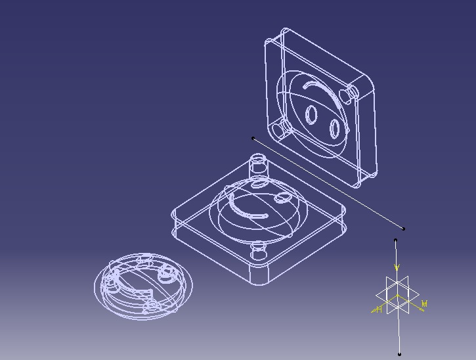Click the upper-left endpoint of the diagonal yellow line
click(253, 138)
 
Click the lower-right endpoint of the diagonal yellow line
click(403, 229)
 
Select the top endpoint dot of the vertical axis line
click(395, 240)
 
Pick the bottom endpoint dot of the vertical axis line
click(399, 354)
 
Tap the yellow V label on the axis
click(397, 267)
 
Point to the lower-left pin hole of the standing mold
click(283, 129)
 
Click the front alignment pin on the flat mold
click(259, 250)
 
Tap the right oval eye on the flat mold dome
click(284, 196)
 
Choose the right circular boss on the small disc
click(164, 273)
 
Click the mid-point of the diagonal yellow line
click(328, 183)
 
